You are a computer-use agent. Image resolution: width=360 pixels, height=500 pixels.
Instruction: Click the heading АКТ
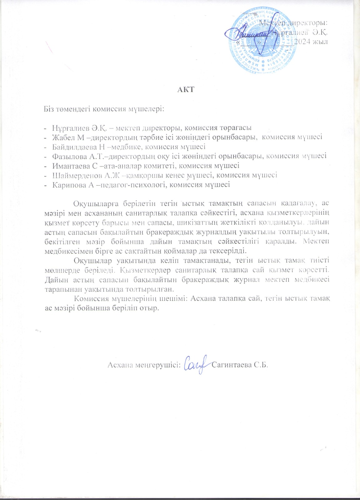[x=186, y=90]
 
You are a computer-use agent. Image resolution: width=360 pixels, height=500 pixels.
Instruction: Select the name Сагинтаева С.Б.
[x=240, y=365]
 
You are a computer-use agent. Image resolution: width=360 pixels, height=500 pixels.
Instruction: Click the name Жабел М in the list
[x=66, y=137]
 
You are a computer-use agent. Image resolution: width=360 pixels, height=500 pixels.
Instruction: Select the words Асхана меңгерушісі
[x=144, y=365]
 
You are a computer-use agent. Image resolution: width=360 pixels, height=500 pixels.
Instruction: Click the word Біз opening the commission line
[x=49, y=109]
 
